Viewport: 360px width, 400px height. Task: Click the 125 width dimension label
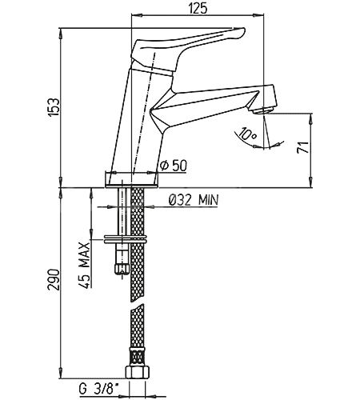pos(198,9)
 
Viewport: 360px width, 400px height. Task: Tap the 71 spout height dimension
pos(303,147)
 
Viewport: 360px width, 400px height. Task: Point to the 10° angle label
pos(247,134)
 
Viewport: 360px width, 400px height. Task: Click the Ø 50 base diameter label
pos(174,166)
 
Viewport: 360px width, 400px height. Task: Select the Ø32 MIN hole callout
pos(194,199)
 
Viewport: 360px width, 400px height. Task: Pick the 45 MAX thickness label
pos(84,266)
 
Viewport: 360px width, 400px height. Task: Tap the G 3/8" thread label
pos(98,389)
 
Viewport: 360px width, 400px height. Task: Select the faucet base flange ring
pos(132,179)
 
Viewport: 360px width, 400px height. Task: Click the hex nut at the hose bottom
pos(137,372)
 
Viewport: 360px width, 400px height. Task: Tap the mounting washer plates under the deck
pos(126,239)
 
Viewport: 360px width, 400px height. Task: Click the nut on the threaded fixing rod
pos(122,269)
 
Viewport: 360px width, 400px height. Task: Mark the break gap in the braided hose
pos(138,305)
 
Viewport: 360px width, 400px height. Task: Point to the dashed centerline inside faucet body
pos(144,113)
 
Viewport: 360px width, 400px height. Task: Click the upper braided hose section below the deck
pos(138,244)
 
